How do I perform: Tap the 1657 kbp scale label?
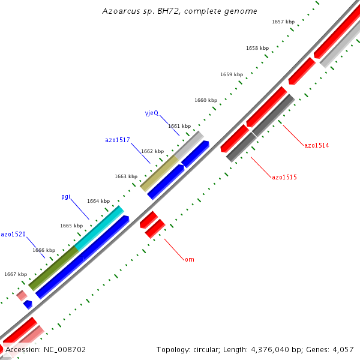tap(283, 22)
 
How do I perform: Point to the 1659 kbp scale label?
tap(231, 74)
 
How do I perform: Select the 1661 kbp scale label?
tap(179, 126)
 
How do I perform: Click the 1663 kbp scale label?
tap(126, 176)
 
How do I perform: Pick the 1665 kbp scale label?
tap(71, 226)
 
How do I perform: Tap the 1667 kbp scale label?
tap(16, 274)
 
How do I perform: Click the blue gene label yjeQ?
tap(151, 113)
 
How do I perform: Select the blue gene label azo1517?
tap(118, 140)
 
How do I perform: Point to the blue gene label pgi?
tap(66, 196)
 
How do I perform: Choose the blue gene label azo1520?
tap(13, 234)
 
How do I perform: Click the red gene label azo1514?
tap(316, 145)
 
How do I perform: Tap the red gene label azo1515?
tap(284, 177)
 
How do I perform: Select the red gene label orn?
tap(189, 259)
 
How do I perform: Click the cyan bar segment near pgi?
tap(99, 228)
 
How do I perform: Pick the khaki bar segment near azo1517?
tap(159, 173)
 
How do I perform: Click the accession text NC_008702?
tap(46, 349)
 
